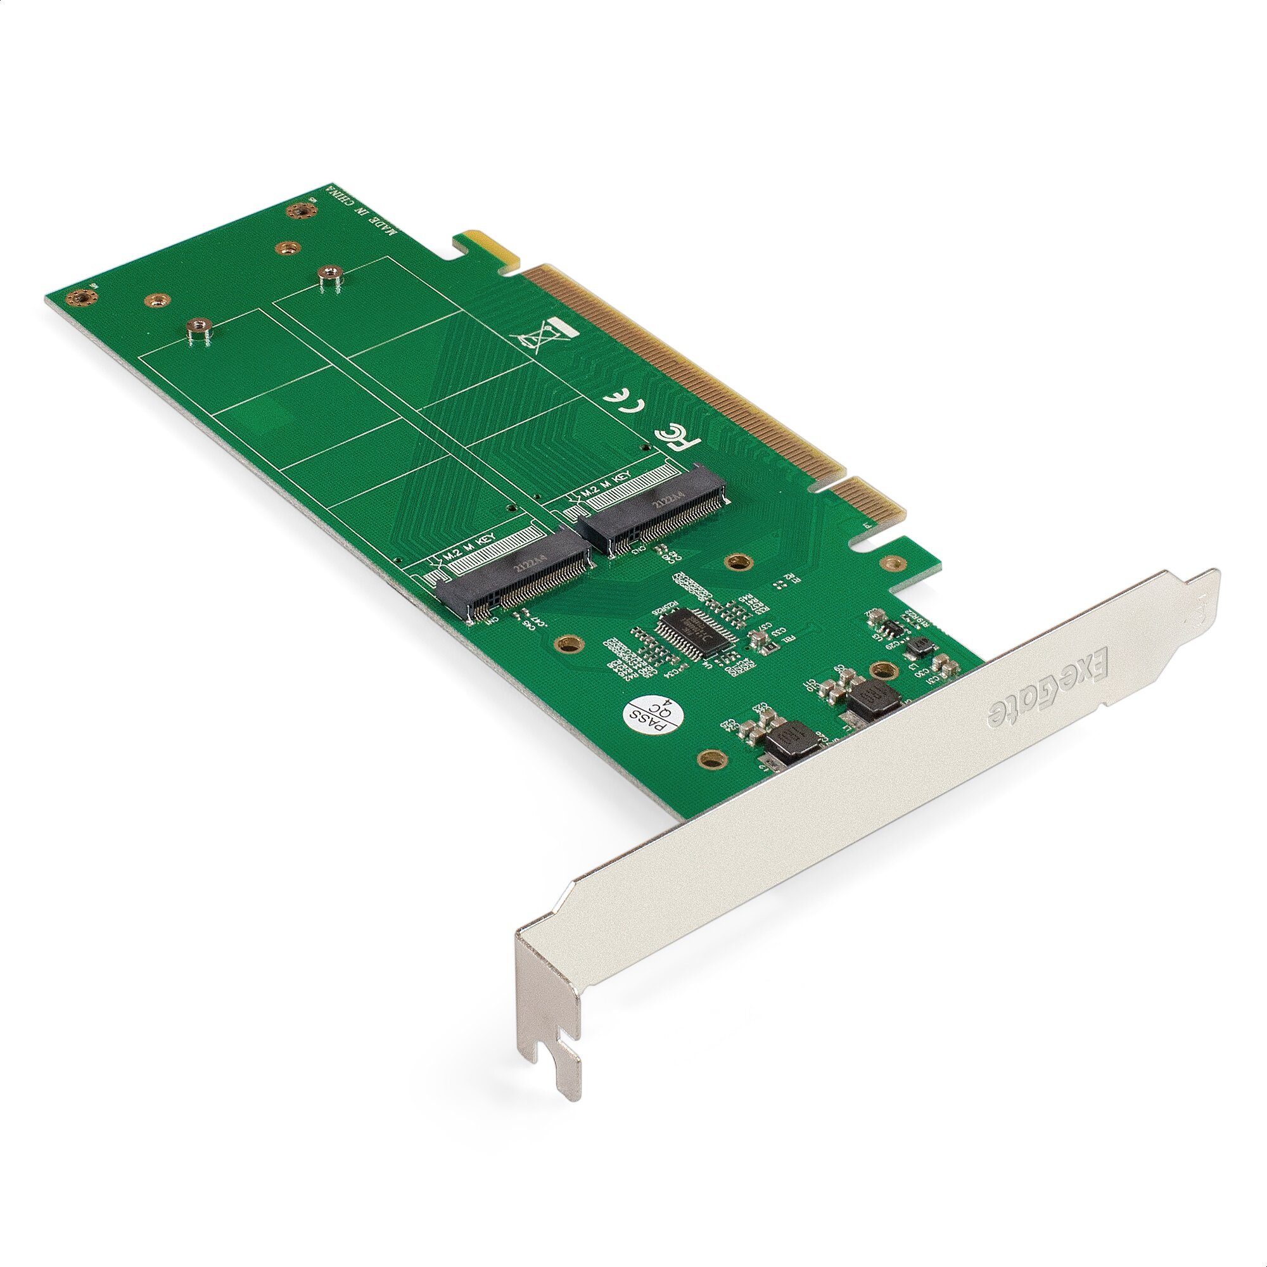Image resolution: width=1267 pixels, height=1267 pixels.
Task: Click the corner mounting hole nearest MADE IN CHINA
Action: coord(301,210)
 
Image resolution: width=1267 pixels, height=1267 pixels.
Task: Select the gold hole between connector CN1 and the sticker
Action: coord(570,644)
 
